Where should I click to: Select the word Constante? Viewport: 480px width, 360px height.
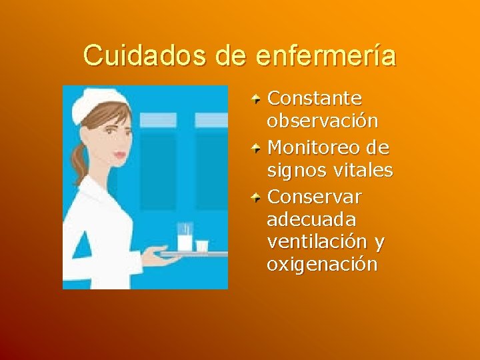[x=314, y=99]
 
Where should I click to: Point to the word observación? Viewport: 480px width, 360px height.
[x=323, y=122]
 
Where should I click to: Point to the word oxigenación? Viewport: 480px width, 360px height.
[x=322, y=265]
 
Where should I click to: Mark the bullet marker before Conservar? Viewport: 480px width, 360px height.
[x=256, y=196]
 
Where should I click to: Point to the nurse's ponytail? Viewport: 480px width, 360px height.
[x=81, y=163]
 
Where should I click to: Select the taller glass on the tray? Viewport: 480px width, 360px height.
[x=185, y=237]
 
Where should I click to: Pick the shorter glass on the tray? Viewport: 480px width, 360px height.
[x=201, y=246]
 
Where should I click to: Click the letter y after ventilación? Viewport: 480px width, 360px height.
[x=379, y=243]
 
